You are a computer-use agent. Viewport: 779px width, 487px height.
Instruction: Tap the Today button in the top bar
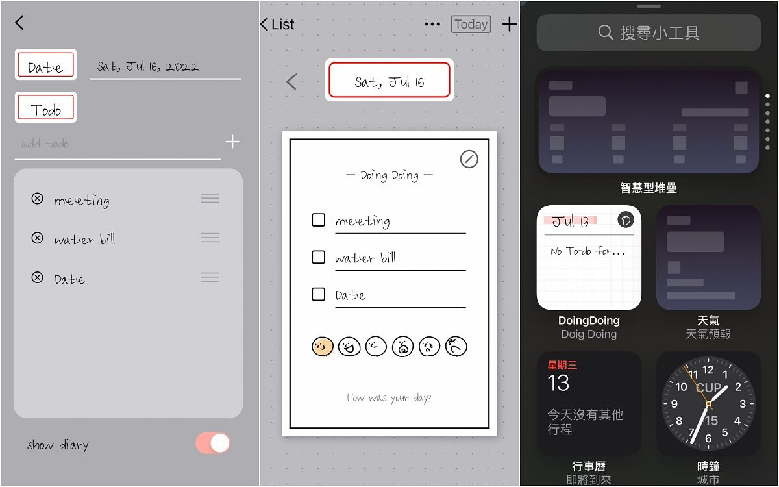click(471, 24)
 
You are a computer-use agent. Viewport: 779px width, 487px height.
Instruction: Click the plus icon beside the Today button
click(509, 24)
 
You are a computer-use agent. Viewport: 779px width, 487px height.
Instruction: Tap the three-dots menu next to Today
click(432, 24)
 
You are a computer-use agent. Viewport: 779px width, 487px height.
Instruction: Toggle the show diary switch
click(213, 443)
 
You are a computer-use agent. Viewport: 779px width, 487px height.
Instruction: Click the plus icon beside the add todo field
click(232, 142)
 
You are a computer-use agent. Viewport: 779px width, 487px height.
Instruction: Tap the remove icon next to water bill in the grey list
click(37, 238)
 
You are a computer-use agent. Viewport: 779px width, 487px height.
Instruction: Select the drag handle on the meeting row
click(210, 198)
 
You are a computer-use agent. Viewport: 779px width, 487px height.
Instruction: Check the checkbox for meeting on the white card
click(318, 220)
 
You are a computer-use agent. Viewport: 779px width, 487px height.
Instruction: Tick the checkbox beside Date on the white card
click(318, 294)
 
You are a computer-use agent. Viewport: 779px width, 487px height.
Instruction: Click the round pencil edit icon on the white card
click(469, 159)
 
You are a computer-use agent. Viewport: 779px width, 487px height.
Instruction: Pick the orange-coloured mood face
click(323, 347)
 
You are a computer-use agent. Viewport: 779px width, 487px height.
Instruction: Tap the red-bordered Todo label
click(45, 107)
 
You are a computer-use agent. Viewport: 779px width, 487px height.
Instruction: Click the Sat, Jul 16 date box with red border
click(389, 80)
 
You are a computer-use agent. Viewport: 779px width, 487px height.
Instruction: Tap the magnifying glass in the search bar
click(606, 32)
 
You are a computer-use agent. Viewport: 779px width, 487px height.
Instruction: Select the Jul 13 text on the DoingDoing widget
click(571, 221)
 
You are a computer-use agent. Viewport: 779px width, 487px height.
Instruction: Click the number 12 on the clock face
click(708, 369)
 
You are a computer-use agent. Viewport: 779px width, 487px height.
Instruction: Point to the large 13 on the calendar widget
click(558, 383)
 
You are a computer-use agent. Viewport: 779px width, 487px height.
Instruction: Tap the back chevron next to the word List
click(264, 24)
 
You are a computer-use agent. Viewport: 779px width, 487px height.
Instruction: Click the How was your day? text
click(389, 398)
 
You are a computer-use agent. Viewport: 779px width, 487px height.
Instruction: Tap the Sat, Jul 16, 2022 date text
click(148, 66)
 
